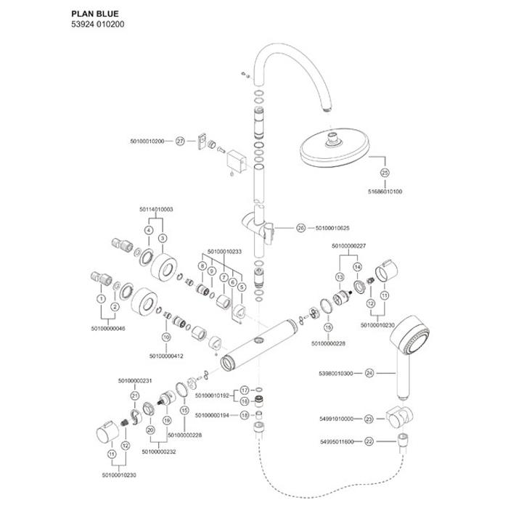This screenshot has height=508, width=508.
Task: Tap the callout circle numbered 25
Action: (385, 172)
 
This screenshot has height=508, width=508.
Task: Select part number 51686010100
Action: (385, 192)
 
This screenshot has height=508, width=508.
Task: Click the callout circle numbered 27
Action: (181, 141)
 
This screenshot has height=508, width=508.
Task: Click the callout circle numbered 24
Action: (369, 374)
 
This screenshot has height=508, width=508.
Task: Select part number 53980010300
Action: (337, 374)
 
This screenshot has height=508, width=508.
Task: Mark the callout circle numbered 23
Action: (369, 419)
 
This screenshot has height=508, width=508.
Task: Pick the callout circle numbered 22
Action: (369, 441)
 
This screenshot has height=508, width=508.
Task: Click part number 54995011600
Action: (337, 441)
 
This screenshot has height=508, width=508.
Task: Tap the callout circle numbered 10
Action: (165, 337)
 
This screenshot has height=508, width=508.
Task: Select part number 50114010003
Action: (155, 209)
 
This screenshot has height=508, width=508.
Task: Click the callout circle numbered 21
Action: (135, 396)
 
